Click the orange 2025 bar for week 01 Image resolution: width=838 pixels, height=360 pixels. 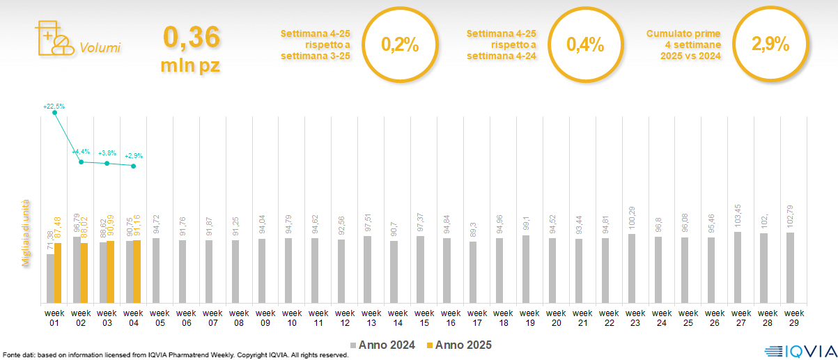58,273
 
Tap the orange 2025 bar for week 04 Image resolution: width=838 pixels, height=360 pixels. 137,272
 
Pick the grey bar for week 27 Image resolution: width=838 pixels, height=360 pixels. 737,267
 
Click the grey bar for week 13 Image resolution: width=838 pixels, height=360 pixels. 367,269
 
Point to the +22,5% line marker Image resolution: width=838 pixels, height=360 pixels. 55,113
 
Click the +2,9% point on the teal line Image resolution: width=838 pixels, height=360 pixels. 134,166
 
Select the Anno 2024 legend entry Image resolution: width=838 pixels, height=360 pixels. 382,345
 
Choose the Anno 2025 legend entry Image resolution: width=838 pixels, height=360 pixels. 459,345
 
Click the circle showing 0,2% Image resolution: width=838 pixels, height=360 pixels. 400,45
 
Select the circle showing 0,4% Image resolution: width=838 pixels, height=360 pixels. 585,45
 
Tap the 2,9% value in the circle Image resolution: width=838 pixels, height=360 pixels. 770,45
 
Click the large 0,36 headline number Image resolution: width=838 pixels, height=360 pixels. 191,38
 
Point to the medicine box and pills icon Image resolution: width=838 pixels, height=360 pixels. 53,39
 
